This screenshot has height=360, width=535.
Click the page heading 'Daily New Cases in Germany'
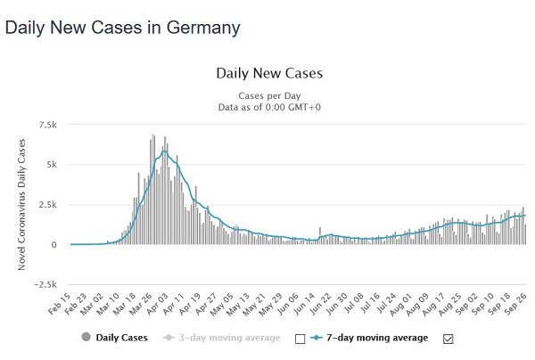pyautogui.click(x=122, y=28)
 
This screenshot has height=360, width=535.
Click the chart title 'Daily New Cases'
pyautogui.click(x=268, y=73)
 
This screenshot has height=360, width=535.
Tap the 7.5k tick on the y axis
pyautogui.click(x=47, y=125)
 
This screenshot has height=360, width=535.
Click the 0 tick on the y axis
pyautogui.click(x=55, y=245)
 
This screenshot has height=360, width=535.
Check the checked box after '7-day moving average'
pyautogui.click(x=449, y=338)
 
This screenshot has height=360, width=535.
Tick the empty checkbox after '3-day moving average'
pyautogui.click(x=300, y=338)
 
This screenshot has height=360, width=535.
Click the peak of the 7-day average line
pyautogui.click(x=165, y=151)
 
